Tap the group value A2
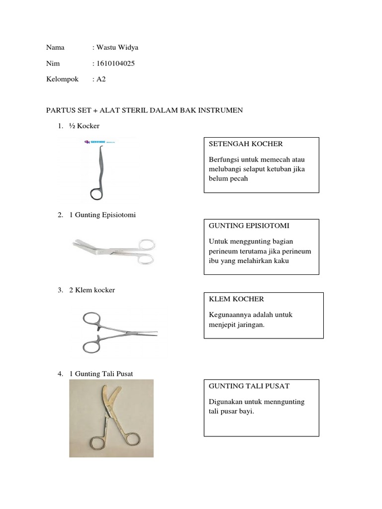[x=101, y=79]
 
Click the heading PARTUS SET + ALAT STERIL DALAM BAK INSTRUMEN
[x=144, y=110]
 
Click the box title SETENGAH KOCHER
[x=246, y=144]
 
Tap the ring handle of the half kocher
[x=96, y=192]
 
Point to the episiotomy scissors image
[x=113, y=248]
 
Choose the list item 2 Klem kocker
[x=92, y=290]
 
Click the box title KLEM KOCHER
[x=236, y=299]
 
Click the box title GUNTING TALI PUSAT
[x=249, y=386]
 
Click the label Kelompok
[x=62, y=79]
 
